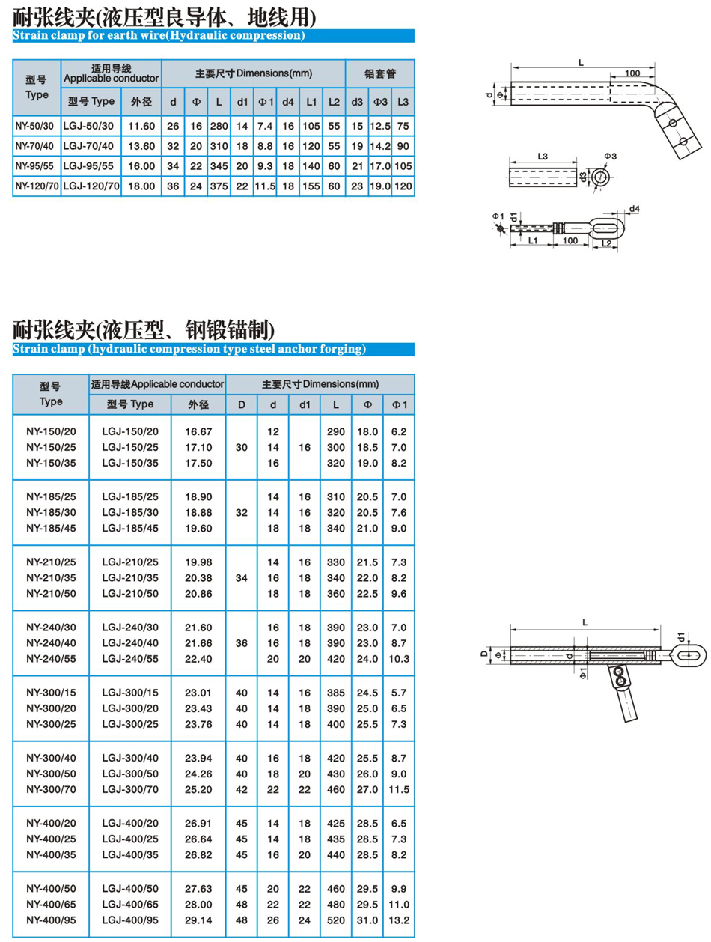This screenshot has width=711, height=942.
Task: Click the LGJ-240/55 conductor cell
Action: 130,658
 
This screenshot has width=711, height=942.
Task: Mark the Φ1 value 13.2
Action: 400,920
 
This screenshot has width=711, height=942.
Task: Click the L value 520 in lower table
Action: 336,920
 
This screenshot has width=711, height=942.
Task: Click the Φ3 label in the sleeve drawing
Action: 610,156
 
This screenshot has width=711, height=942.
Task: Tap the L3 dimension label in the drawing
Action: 543,156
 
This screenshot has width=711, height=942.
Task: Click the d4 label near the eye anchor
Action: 635,208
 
